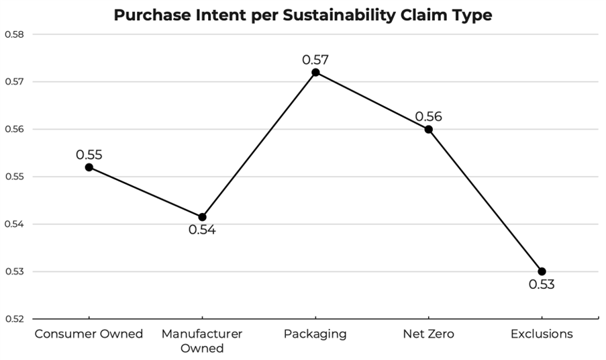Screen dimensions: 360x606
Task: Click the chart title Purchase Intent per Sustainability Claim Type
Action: click(303, 15)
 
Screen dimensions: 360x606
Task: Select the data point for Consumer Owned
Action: click(89, 167)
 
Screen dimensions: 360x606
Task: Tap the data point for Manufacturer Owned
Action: click(202, 217)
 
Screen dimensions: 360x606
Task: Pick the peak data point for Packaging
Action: click(315, 72)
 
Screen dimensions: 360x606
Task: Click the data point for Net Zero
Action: click(429, 129)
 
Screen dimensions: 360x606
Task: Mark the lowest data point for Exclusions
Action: click(542, 271)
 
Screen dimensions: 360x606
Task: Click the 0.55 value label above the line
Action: click(89, 154)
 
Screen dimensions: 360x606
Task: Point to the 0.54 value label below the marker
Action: click(202, 230)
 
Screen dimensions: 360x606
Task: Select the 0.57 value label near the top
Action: click(315, 59)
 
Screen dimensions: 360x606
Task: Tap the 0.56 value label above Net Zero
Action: click(429, 116)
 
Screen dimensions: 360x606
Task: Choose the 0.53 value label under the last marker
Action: click(542, 285)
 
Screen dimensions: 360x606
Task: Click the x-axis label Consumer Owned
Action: click(89, 334)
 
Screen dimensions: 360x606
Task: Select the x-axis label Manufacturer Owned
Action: click(202, 341)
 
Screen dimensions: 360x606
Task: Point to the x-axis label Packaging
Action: click(315, 334)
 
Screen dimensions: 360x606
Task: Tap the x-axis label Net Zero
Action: click(429, 334)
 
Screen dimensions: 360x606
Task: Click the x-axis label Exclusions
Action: click(542, 334)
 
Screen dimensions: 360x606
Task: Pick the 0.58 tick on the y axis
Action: click(13, 34)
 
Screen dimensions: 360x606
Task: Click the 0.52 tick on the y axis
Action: click(13, 319)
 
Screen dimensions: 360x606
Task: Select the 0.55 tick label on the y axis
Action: click(13, 177)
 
